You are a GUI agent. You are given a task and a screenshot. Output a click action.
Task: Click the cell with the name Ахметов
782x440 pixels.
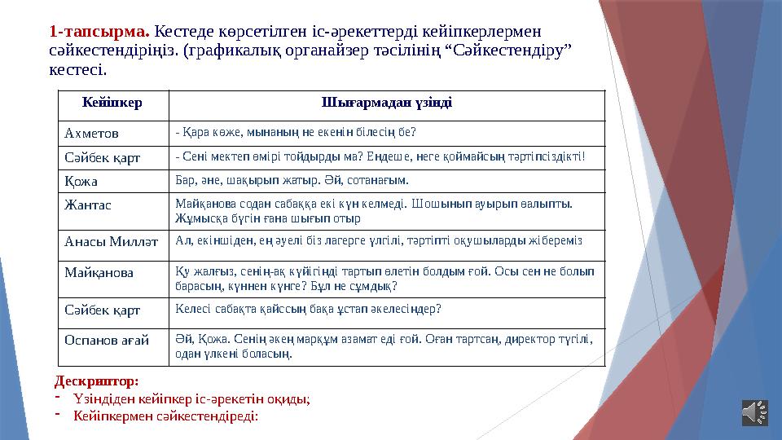click(x=91, y=133)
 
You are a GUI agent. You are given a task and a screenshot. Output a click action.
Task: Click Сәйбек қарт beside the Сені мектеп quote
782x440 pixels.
click(x=102, y=156)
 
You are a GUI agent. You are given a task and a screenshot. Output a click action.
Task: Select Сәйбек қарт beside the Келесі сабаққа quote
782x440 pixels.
click(x=102, y=310)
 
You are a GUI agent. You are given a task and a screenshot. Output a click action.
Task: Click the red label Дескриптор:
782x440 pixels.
click(x=96, y=381)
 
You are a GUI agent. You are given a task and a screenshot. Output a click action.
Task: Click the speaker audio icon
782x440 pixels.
click(x=754, y=412)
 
